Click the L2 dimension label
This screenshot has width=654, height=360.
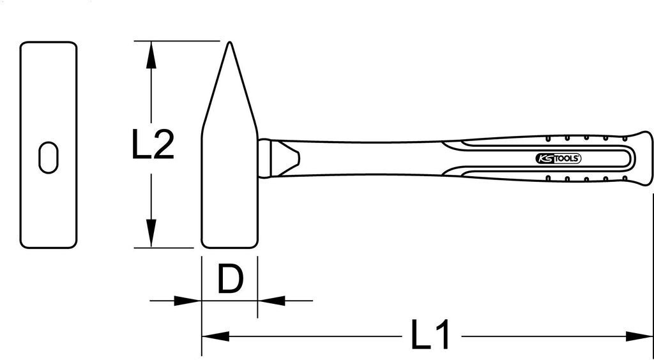point(153,145)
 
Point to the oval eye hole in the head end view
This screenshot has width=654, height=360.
point(49,156)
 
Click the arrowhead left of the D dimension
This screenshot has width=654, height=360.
point(188,299)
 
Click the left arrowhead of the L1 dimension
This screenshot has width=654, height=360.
point(215,336)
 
